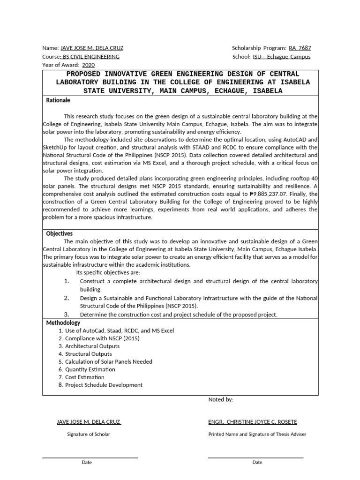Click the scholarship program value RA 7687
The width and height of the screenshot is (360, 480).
300,48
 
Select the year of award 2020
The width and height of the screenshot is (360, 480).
88,65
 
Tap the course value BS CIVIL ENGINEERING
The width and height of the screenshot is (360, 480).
91,57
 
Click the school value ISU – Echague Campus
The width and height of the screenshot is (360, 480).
281,57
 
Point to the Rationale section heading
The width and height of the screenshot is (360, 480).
58,100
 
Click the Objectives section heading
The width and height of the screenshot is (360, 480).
59,233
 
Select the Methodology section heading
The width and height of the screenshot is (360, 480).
63,322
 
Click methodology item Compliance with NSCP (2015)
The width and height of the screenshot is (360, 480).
102,338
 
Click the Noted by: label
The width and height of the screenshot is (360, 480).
220,399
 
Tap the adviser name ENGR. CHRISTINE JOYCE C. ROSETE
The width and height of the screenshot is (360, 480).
253,421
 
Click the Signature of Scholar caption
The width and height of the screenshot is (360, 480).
89,434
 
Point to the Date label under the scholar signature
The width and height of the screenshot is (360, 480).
87,462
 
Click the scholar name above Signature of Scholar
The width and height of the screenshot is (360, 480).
89,421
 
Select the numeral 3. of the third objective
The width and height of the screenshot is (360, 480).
67,314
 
